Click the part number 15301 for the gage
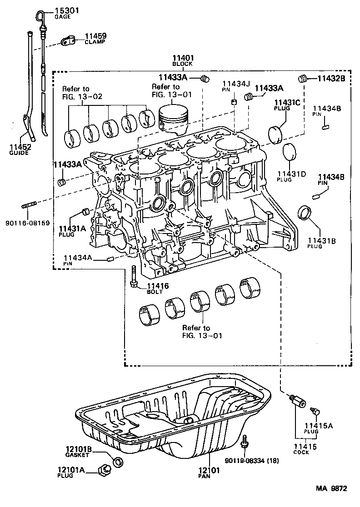point(67,10)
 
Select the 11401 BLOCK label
point(183,60)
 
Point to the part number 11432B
point(331,79)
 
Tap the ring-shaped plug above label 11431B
point(305,212)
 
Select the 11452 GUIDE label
point(19,149)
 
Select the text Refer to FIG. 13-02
point(82,93)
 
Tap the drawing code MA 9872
point(332,489)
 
